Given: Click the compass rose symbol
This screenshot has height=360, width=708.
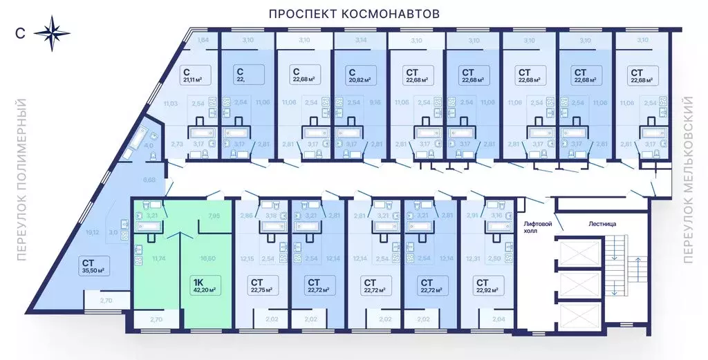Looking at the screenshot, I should pos(52,32).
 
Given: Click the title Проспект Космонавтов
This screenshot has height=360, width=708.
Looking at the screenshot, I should pos(354,14).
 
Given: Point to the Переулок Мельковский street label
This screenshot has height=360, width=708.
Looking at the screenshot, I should pos(688,180).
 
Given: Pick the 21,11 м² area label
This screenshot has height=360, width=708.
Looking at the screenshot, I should pos(194,79).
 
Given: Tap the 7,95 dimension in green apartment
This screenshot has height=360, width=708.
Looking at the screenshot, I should pos(214,216).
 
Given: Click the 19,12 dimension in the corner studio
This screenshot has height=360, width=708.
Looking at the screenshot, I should pos(91,232).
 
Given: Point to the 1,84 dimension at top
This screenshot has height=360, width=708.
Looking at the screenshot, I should pos(203,41).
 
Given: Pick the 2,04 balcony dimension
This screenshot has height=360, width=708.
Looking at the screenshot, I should pos(497,319).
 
